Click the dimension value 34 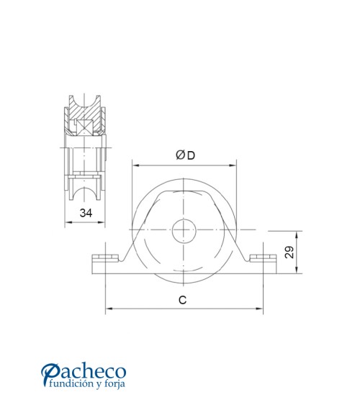86,212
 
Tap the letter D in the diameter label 189,155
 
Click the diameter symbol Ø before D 179,155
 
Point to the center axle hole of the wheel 184,231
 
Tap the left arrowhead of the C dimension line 109,310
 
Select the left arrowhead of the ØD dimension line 135,165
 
